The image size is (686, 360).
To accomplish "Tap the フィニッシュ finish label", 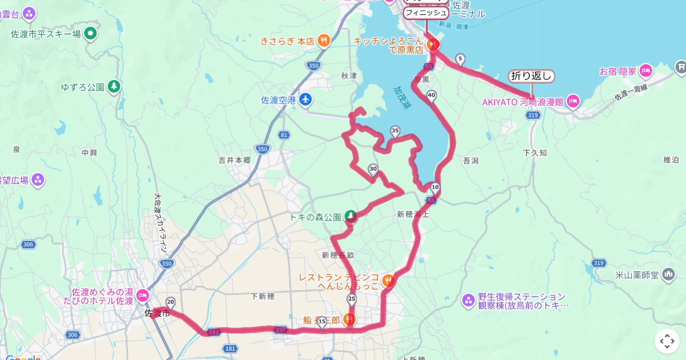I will click(x=426, y=12).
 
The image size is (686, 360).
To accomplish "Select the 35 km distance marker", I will click(x=395, y=131).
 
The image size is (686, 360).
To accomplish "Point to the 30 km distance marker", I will click(x=373, y=169).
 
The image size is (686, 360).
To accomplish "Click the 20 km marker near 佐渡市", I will click(x=170, y=301).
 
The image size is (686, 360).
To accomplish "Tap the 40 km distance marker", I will click(x=431, y=95).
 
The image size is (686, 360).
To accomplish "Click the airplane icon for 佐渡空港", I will click(x=305, y=99).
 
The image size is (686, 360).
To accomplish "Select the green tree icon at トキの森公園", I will click(x=350, y=217).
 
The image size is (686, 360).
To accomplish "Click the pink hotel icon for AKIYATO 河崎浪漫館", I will click(x=573, y=102).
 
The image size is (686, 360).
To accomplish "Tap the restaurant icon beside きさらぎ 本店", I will click(x=324, y=41).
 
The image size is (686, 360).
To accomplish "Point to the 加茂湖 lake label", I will click(x=402, y=98).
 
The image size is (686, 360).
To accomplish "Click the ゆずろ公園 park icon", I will click(x=114, y=87).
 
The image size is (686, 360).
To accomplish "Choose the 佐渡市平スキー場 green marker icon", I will click(x=90, y=34).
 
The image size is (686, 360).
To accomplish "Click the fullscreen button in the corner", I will click(x=667, y=341).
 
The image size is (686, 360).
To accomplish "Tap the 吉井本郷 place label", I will click(x=234, y=161).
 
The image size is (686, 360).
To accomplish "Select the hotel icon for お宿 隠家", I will click(x=646, y=71).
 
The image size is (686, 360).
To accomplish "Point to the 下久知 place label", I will click(x=535, y=153).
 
